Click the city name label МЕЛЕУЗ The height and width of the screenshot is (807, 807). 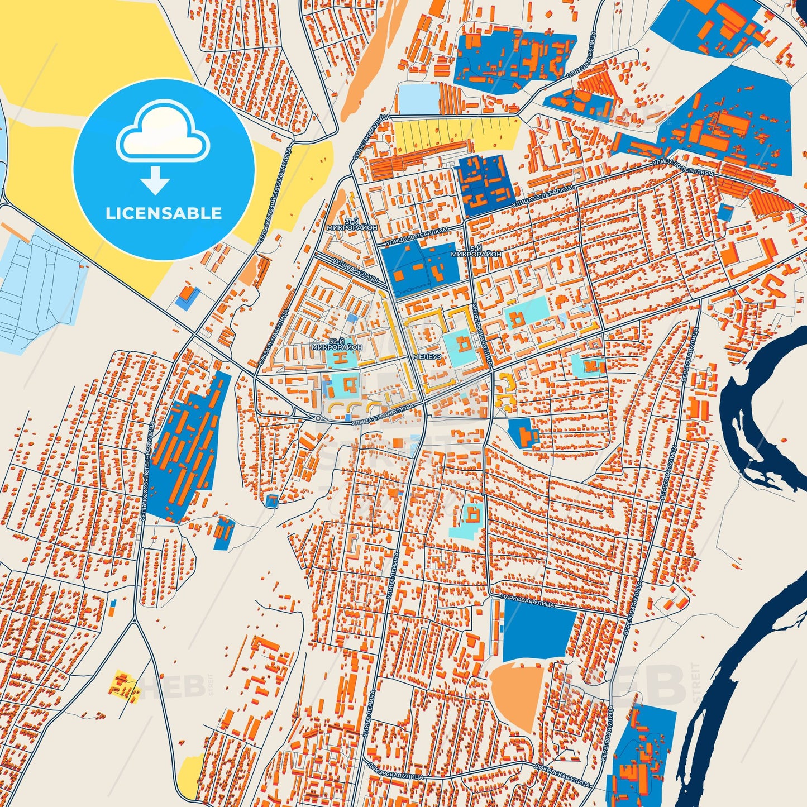pos(427,356)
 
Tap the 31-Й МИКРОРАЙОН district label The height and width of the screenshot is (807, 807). pos(361,225)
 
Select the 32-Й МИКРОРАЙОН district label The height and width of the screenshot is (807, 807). pos(337,344)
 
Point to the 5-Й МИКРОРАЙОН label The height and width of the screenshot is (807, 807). pos(476,251)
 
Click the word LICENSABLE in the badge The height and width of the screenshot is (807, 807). pos(164,213)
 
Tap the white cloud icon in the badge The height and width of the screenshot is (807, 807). pos(163,132)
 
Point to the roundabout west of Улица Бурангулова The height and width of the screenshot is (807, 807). pos(318,418)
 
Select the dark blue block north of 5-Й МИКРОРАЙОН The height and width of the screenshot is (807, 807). pos(485,179)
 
